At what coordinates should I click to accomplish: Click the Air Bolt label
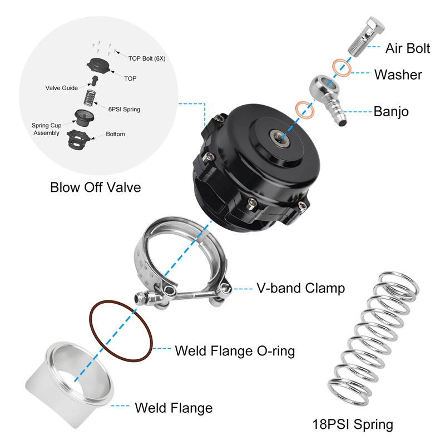[408, 48]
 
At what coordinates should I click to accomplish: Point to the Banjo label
[391, 111]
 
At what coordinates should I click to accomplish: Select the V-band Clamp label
[300, 288]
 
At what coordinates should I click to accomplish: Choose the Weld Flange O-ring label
[235, 351]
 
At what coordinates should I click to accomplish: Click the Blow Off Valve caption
[96, 187]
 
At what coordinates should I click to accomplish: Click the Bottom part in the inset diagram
[80, 140]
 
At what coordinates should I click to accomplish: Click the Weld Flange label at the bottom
[174, 408]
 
